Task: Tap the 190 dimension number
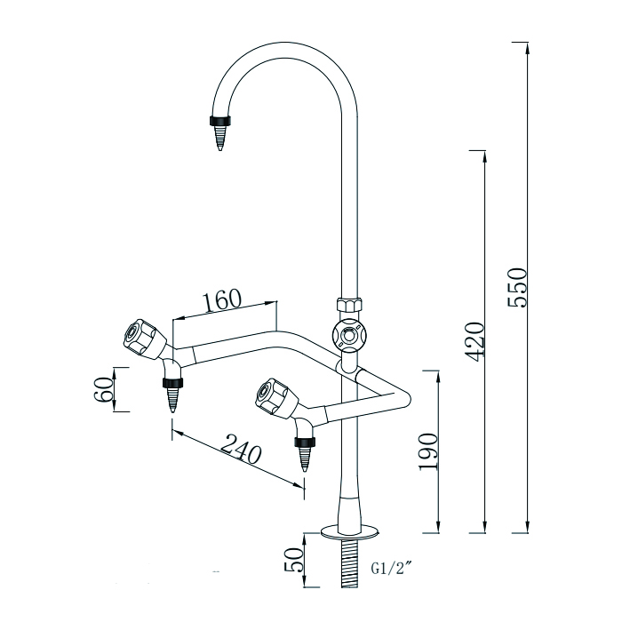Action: tap(429, 451)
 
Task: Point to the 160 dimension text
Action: tap(222, 299)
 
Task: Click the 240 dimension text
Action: tap(240, 452)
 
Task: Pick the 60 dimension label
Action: tap(104, 389)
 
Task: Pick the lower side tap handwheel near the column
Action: tap(272, 396)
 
